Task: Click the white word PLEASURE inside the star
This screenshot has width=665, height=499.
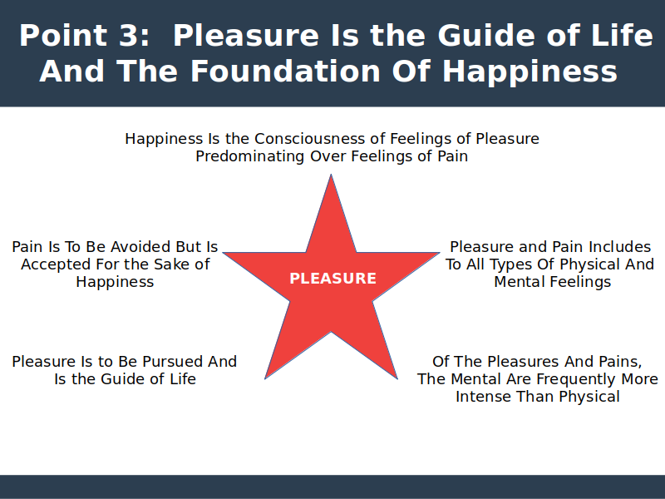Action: coord(333,279)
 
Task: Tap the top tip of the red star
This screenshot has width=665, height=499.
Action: coord(331,175)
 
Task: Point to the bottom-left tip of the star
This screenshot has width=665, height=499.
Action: coord(265,378)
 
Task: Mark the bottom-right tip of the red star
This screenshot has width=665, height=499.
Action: coord(397,378)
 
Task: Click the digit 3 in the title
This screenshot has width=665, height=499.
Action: coord(130,35)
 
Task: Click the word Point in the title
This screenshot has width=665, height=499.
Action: coord(63,35)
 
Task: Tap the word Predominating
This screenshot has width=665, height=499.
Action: coord(250,156)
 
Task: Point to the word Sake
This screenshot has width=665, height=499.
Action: coord(170,264)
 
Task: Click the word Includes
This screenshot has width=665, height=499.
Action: coord(619,246)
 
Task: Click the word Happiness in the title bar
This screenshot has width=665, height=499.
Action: coord(530,72)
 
